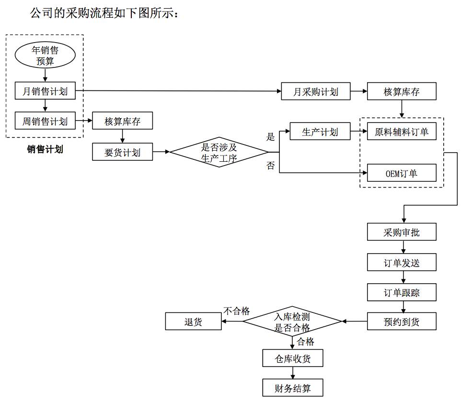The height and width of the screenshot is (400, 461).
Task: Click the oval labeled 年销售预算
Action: (45, 55)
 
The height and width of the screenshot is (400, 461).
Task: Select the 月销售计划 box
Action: (45, 91)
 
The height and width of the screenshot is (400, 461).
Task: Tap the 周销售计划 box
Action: (45, 121)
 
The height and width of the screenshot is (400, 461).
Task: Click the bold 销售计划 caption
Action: (45, 149)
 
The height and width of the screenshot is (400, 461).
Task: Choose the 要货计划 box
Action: (123, 152)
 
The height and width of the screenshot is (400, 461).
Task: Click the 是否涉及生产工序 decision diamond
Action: (219, 152)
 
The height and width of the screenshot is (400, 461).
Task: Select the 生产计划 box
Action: (320, 132)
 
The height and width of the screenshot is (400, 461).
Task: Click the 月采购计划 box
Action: (315, 91)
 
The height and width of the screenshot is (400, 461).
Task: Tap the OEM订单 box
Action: (402, 173)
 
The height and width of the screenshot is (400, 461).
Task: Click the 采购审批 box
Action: (402, 233)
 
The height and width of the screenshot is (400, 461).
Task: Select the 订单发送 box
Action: (402, 262)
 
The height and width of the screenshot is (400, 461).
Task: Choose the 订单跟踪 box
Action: (402, 292)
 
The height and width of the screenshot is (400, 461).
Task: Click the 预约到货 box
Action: (402, 322)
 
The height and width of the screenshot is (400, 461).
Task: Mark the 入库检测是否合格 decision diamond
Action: (292, 322)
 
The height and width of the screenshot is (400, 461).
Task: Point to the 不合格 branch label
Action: (237, 311)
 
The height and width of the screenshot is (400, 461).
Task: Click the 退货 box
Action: (194, 322)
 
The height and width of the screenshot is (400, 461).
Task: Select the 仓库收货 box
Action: (293, 358)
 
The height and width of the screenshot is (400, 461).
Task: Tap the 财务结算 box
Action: (293, 387)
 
